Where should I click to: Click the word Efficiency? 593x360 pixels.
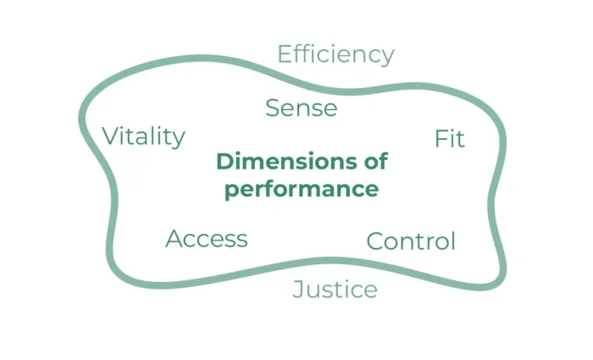pyautogui.click(x=335, y=55)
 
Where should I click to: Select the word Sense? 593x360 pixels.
pyautogui.click(x=301, y=108)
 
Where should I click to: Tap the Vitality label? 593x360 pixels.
pyautogui.click(x=143, y=136)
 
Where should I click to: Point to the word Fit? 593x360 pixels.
pyautogui.click(x=449, y=139)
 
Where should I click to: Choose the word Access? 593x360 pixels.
pyautogui.click(x=207, y=239)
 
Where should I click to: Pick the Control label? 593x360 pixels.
pyautogui.click(x=411, y=241)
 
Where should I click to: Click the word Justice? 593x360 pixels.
pyautogui.click(x=335, y=290)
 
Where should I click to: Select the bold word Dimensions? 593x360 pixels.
pyautogui.click(x=280, y=161)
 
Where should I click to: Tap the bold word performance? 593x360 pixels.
pyautogui.click(x=301, y=189)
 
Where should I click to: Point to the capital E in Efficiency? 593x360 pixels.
pyautogui.click(x=285, y=54)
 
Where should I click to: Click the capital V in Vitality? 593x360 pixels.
pyautogui.click(x=110, y=136)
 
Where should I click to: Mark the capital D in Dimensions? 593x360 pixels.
pyautogui.click(x=224, y=161)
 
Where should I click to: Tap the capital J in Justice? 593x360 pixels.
pyautogui.click(x=298, y=291)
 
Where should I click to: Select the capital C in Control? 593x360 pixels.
pyautogui.click(x=375, y=241)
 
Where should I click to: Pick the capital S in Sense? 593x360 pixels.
pyautogui.click(x=273, y=108)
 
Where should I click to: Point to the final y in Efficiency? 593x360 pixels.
pyautogui.click(x=388, y=58)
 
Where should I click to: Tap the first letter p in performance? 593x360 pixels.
pyautogui.click(x=230, y=191)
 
